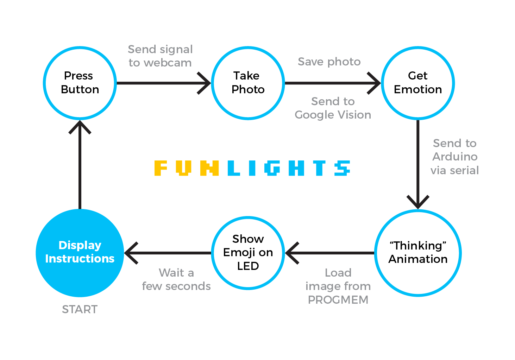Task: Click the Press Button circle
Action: pos(80,83)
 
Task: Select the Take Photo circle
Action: pos(248,83)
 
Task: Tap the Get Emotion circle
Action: pos(418,83)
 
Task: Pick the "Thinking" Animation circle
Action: pos(418,253)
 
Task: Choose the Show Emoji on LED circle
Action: pos(248,253)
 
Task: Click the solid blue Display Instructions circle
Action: pos(80,253)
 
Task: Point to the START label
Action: pos(80,309)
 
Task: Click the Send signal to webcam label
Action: pos(160,56)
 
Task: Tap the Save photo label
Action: pos(329,62)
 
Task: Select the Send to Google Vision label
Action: pos(333,108)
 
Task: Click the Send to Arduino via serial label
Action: pos(454,157)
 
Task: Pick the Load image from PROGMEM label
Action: pos(338,286)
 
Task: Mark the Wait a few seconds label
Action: pos(176,279)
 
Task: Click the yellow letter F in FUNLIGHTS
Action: pos(160,168)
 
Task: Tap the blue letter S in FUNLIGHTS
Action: pos(342,168)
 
